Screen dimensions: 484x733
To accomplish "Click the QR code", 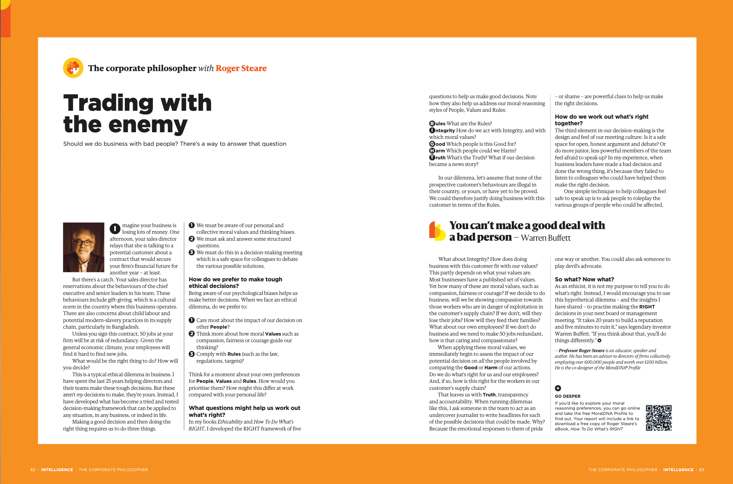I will [x=659, y=418].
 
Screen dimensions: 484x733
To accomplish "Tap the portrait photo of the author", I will [x=84, y=247].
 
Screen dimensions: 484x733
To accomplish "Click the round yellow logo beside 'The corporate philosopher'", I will [x=73, y=68].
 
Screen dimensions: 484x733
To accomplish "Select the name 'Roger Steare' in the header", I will [x=241, y=68].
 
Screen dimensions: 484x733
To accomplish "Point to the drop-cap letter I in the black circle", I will [x=115, y=228].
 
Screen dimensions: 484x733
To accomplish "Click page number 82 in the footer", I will [x=33, y=469].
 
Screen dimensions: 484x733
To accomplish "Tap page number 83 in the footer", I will [x=702, y=469].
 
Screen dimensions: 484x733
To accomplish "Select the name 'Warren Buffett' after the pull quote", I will [x=545, y=238].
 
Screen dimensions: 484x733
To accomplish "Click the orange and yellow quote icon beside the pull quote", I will [x=437, y=231].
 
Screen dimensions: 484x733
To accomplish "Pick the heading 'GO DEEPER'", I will [x=567, y=396].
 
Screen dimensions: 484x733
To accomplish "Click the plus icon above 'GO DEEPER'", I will [x=558, y=388].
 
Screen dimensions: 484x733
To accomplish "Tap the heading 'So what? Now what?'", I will [x=584, y=279].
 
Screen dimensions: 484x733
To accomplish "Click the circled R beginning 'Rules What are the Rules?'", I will [x=432, y=124].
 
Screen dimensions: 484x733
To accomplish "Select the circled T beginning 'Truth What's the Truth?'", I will [x=432, y=158].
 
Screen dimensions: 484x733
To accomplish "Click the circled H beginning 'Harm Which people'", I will [x=432, y=151].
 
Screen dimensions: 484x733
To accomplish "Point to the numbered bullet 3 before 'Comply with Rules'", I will [x=192, y=354].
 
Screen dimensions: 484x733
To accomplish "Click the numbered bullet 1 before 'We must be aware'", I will [x=192, y=225].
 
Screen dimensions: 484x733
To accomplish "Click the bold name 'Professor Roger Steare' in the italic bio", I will [x=581, y=350].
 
